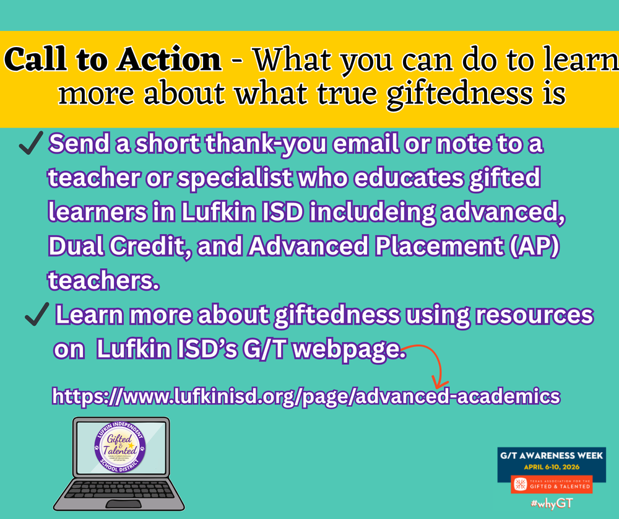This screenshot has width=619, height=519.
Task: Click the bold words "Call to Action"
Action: pyautogui.click(x=113, y=60)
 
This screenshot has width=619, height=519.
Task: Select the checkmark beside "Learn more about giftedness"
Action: pyautogui.click(x=37, y=317)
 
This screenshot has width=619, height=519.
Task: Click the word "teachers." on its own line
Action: pyautogui.click(x=103, y=280)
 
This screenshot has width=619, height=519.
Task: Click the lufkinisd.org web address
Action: pyautogui.click(x=306, y=396)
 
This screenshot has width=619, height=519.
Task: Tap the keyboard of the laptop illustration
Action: pyautogui.click(x=119, y=492)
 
